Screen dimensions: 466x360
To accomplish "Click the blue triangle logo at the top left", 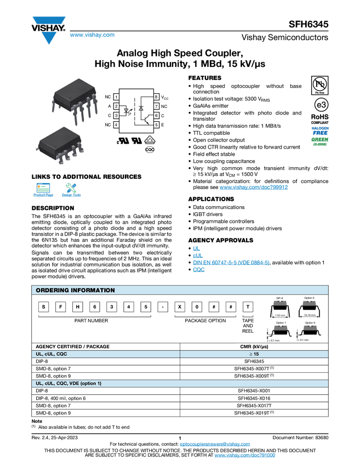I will coord(49,38).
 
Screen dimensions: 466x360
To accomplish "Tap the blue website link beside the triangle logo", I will coord(92,36).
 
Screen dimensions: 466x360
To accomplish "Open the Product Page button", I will coord(43,191).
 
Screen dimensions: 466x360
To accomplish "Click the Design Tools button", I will coord(71,191).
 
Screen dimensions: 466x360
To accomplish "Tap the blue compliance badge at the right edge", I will coord(320,130).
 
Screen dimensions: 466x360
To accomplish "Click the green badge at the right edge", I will coord(320,141).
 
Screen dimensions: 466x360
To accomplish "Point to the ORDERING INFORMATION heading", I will coord(75,290).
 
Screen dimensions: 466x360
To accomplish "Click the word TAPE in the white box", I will coord(248,320).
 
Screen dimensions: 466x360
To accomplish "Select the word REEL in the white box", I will coord(248,331).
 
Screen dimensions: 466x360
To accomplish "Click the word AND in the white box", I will coord(248,326).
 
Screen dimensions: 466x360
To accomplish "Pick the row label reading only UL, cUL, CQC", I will coord(55,354).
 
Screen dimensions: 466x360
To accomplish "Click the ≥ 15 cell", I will coord(254,354).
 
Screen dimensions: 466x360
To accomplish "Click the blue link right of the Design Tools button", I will coord(254,187).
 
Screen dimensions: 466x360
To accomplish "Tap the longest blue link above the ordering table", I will coord(231,263).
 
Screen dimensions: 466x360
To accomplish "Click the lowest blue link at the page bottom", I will coord(244,456).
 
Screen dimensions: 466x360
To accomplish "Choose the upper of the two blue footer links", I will coord(215,445).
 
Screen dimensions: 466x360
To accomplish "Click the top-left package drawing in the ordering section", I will coord(280,303).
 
